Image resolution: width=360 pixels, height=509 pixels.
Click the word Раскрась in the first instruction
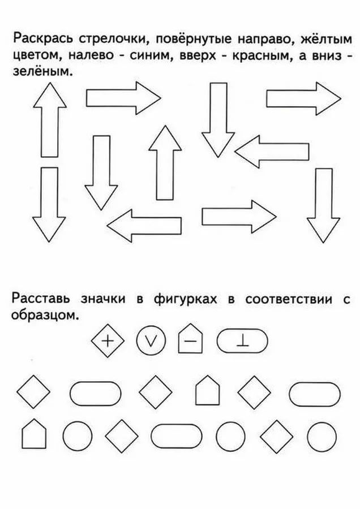[43, 40]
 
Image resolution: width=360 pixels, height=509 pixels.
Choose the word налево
[91, 55]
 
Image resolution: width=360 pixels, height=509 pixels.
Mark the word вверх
[199, 56]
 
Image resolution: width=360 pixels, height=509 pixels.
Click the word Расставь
[41, 299]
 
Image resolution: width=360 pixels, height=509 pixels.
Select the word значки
[102, 299]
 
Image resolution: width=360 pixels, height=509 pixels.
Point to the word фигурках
[185, 299]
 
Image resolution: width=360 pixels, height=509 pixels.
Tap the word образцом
[45, 315]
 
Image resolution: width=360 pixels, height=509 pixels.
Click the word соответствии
[289, 299]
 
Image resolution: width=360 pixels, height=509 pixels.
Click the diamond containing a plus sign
[108, 341]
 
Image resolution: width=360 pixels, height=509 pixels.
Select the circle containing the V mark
[151, 341]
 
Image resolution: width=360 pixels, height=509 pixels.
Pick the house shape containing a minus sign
[190, 339]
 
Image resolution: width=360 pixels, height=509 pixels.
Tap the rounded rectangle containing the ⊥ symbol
[242, 341]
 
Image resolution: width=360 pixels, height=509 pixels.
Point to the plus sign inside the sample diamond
[108, 341]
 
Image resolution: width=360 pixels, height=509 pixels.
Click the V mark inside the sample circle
[151, 341]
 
